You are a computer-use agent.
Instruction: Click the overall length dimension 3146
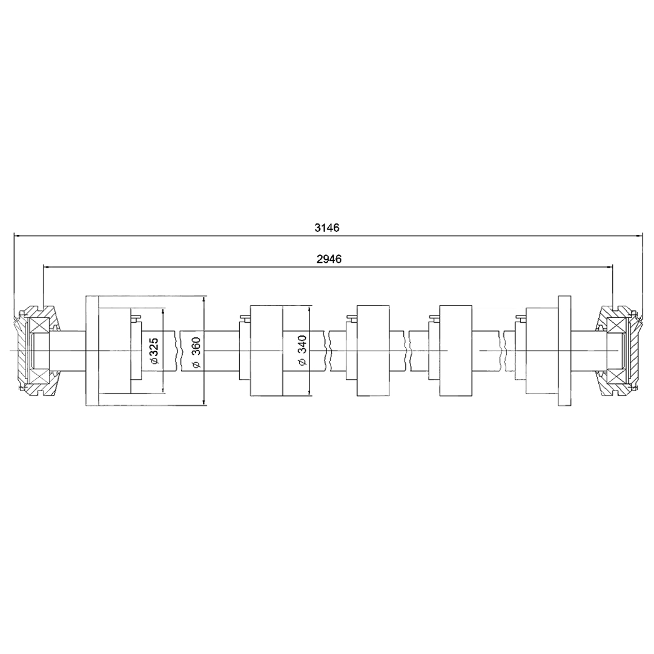tap(327, 228)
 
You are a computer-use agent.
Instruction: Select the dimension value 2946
tap(329, 259)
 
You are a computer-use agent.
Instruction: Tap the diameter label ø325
tap(154, 351)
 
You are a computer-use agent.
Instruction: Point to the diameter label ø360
tap(196, 352)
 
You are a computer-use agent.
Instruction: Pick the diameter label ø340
tap(302, 351)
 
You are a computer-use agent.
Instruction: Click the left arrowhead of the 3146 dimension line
tap(18, 236)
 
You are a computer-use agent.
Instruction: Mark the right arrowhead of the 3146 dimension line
tap(638, 236)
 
